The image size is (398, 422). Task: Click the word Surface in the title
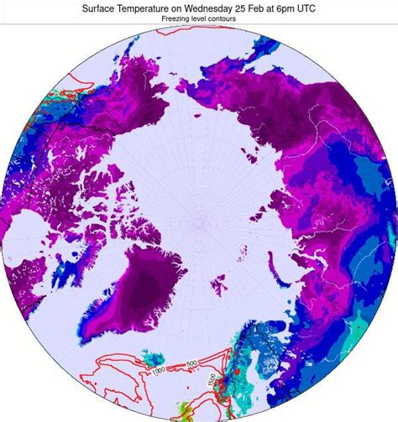point(102,7)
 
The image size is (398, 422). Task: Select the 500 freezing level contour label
point(191,363)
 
